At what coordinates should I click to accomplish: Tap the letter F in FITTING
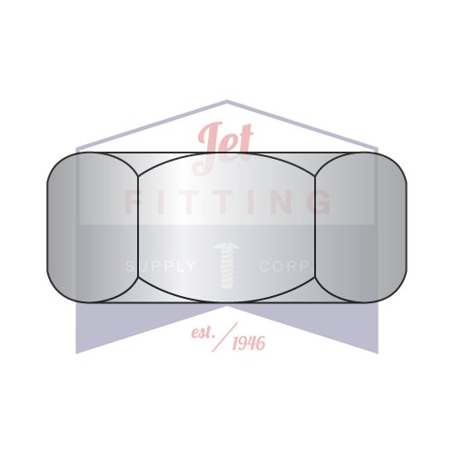tap(133, 202)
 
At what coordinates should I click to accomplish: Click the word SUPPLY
tap(160, 266)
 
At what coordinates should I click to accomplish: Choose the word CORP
tap(285, 266)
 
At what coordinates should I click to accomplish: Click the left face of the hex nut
tap(91, 227)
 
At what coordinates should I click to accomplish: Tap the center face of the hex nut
tap(227, 227)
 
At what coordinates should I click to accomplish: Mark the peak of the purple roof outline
tap(227, 102)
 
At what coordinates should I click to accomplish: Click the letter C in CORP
tap(264, 266)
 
